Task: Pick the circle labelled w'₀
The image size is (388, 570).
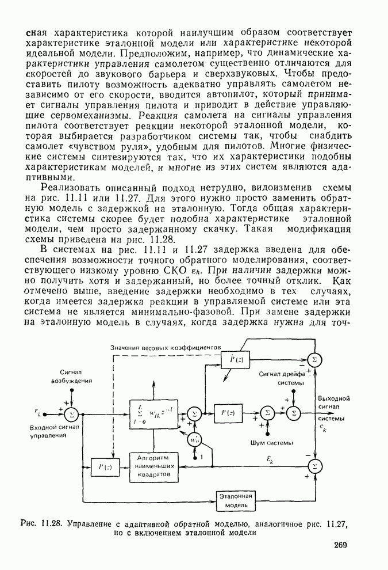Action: click(x=195, y=439)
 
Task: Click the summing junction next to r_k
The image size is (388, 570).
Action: click(x=71, y=413)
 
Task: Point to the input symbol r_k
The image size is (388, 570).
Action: click(x=37, y=412)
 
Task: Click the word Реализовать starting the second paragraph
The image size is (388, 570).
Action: click(x=67, y=188)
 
